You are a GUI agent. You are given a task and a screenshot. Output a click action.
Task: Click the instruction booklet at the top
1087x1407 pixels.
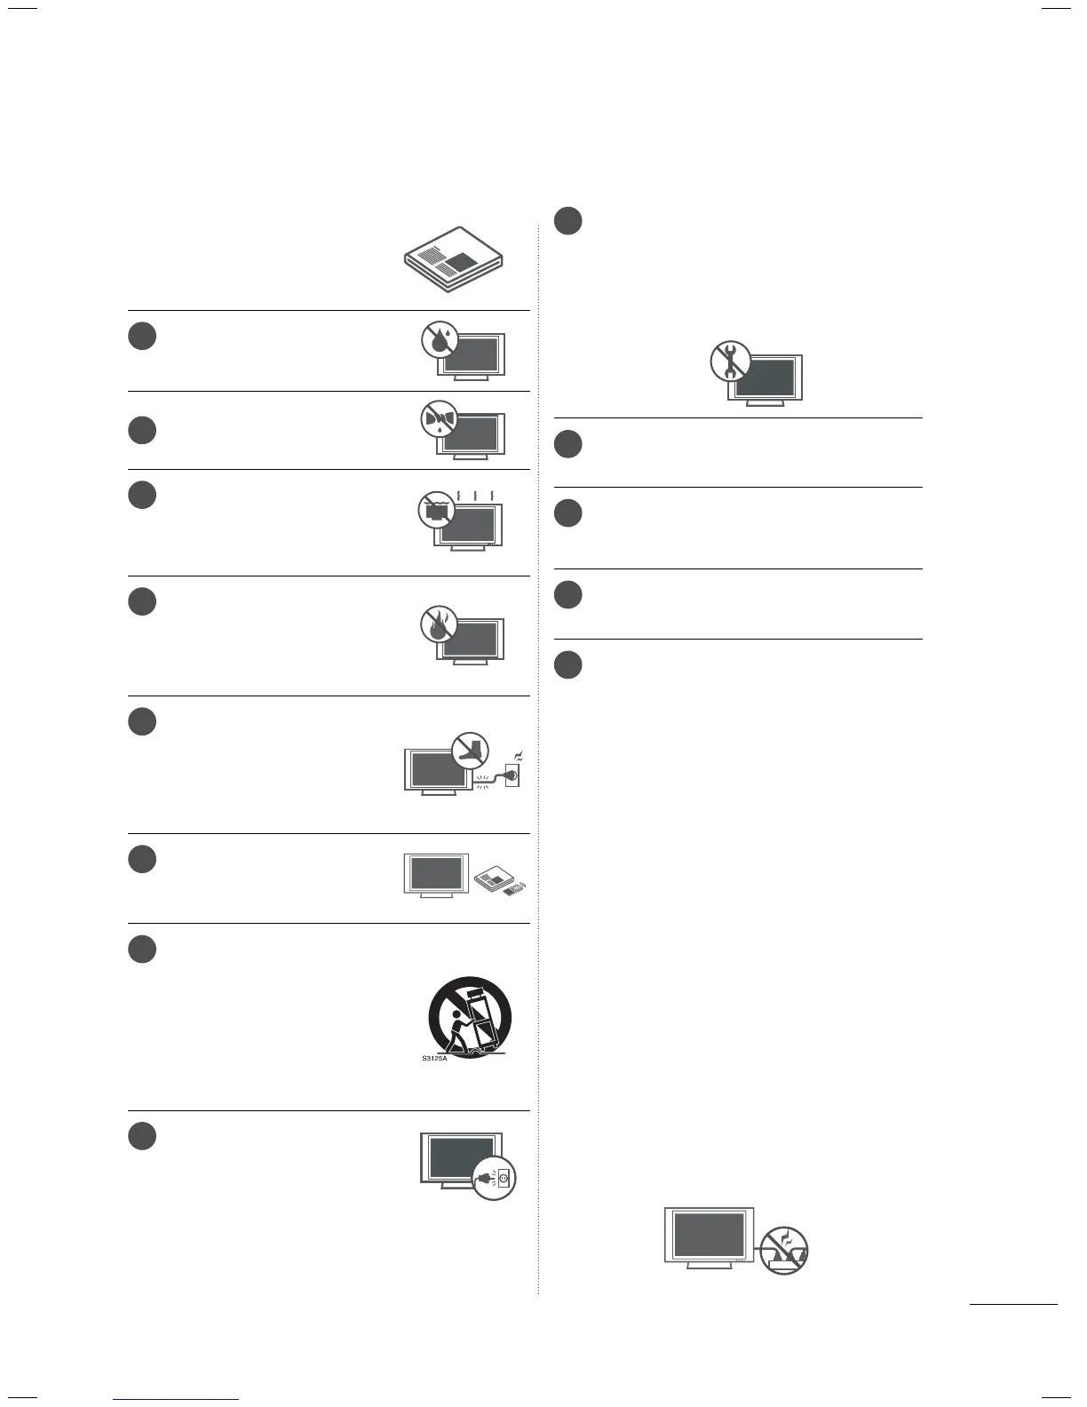coord(453,259)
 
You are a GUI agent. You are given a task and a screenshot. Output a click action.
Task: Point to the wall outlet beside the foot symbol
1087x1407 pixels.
coord(511,775)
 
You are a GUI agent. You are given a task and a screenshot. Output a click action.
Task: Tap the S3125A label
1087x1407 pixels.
coord(435,1059)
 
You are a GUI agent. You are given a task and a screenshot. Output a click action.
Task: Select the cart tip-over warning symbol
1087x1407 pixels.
coord(471,1017)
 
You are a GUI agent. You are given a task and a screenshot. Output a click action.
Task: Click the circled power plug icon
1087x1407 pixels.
coord(494,1179)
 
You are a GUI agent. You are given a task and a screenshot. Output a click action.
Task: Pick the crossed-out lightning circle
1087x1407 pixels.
coord(784,1251)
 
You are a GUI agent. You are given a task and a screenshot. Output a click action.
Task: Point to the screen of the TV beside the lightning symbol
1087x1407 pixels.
coord(709,1235)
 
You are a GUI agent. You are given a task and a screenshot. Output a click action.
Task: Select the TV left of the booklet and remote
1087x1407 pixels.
coord(436,874)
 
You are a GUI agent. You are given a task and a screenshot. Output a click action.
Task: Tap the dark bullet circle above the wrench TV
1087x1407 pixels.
coord(568,221)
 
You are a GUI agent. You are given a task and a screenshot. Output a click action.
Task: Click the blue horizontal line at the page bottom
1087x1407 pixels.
coord(176,1399)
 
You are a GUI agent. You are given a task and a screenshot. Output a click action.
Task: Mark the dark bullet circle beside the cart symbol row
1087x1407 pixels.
coord(142,949)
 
